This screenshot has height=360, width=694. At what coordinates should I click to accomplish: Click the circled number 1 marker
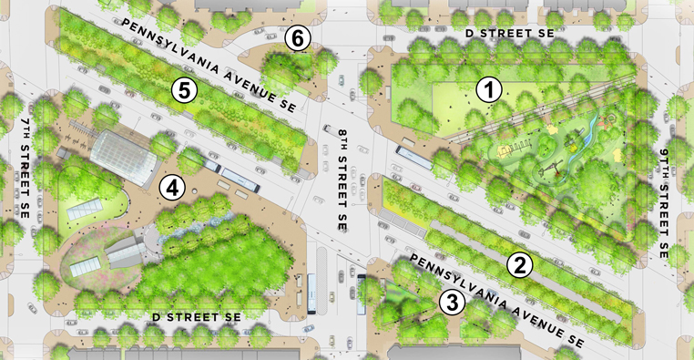[x=489, y=89]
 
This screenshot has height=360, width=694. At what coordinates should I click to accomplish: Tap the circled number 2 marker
[x=519, y=265]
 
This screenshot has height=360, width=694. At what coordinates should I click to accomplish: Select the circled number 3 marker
[x=450, y=303]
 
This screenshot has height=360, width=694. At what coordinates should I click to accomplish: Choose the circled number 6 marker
[x=298, y=38]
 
